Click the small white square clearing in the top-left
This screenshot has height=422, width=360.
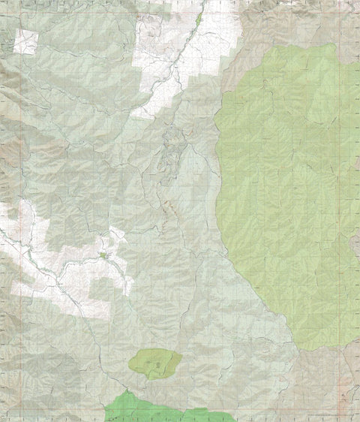point(25,42)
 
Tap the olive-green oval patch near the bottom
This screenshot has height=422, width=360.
point(155,363)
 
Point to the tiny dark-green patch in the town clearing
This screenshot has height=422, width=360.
point(104,256)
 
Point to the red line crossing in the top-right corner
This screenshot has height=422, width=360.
point(347,13)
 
